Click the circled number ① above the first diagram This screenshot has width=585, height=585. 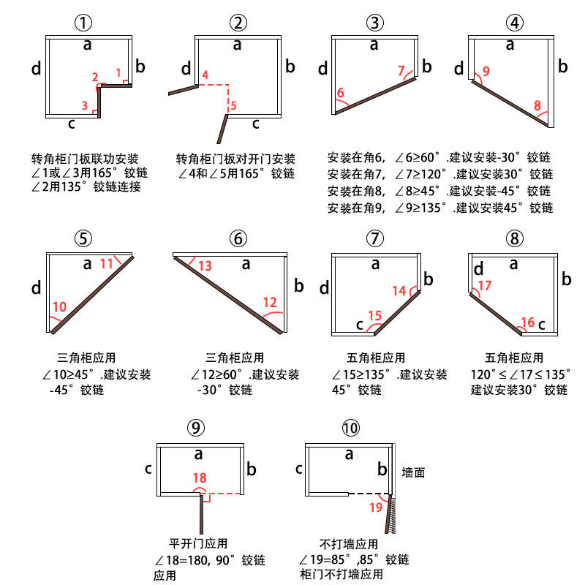coord(83,23)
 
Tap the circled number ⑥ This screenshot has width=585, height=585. coord(238,239)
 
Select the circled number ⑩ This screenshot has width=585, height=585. coord(351,428)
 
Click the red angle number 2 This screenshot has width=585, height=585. coord(95,78)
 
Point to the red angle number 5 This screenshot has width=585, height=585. coord(233,105)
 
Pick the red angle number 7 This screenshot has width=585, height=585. coord(401,70)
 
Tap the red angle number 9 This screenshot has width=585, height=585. coord(486,71)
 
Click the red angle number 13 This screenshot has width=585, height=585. coord(205,266)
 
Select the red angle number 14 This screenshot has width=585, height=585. coord(399,290)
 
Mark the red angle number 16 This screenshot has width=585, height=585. coord(527,322)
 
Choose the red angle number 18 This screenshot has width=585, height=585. coord(200,478)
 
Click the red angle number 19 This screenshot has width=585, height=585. coord(376,507)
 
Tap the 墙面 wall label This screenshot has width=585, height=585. coord(413,472)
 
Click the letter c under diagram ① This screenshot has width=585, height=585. coord(71,124)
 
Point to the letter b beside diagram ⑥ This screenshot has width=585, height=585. coord(299,285)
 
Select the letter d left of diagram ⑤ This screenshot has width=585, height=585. coord(36,287)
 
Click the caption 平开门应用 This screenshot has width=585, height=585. coord(198,543)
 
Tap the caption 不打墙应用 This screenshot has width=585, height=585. coord(349,544)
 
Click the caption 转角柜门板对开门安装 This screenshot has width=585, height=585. coord(235,159)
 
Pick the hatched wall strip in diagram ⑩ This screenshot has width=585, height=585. coord(392,515)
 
